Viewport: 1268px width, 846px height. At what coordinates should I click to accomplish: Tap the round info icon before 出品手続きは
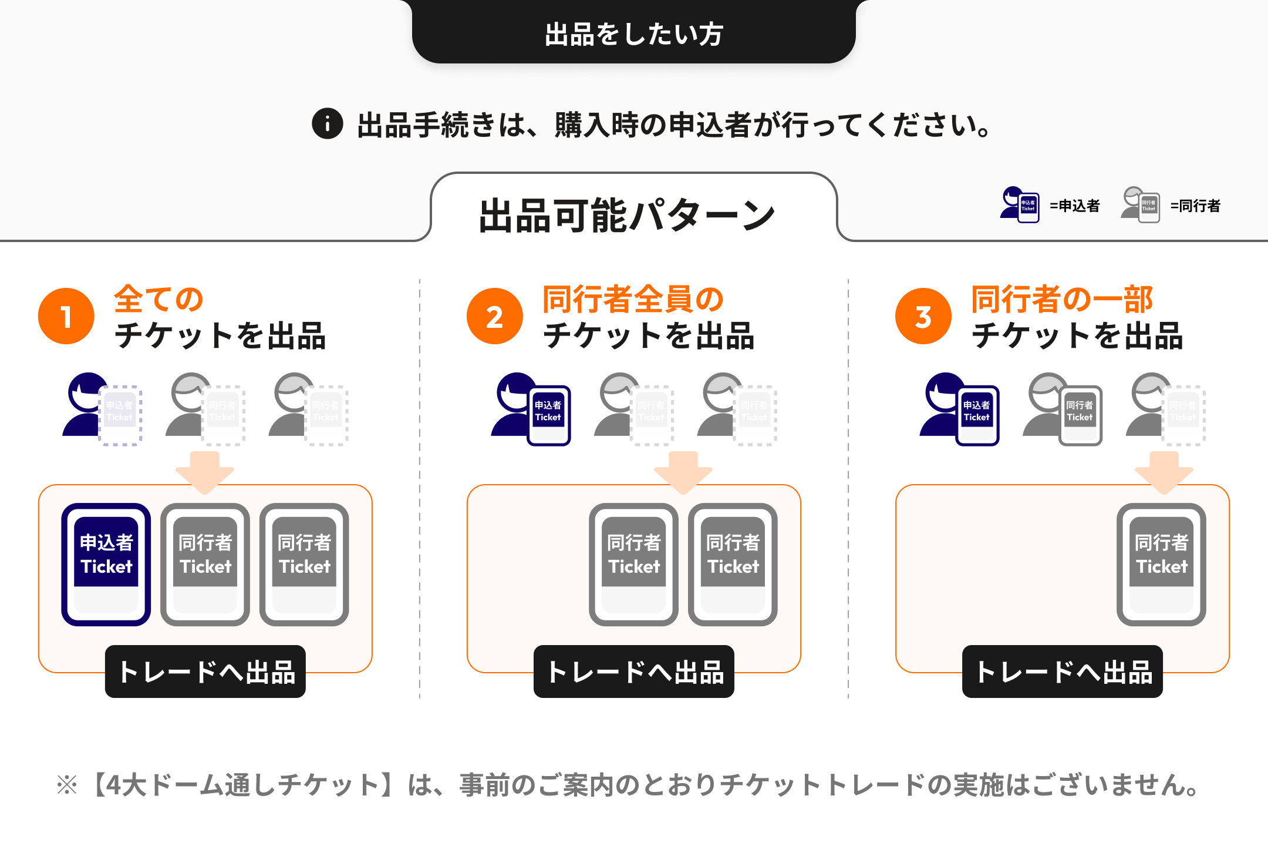[x=327, y=124]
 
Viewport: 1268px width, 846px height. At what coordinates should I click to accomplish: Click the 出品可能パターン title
[x=627, y=215]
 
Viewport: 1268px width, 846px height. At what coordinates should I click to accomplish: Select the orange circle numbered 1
[x=66, y=316]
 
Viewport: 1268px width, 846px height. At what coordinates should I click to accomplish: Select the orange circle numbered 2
[x=494, y=316]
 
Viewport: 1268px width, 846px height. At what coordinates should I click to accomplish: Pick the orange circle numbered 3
[x=923, y=316]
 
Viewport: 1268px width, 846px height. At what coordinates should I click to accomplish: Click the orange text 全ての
[x=158, y=300]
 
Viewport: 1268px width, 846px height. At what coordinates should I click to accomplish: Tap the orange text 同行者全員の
[x=633, y=300]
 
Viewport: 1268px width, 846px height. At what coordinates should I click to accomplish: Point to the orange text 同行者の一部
[x=1062, y=300]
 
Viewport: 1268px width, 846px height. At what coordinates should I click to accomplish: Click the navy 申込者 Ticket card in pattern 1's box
[x=106, y=564]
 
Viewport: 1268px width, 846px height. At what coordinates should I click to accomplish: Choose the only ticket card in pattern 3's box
[x=1161, y=564]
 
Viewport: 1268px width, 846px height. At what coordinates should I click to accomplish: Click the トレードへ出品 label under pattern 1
[x=205, y=672]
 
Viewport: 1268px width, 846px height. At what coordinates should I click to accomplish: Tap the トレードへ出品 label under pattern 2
[x=634, y=672]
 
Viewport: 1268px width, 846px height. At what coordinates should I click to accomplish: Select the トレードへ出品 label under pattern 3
[x=1063, y=672]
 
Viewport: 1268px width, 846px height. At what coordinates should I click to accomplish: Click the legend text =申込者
[x=1075, y=206]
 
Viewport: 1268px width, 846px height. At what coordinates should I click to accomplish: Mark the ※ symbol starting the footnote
[x=67, y=785]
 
